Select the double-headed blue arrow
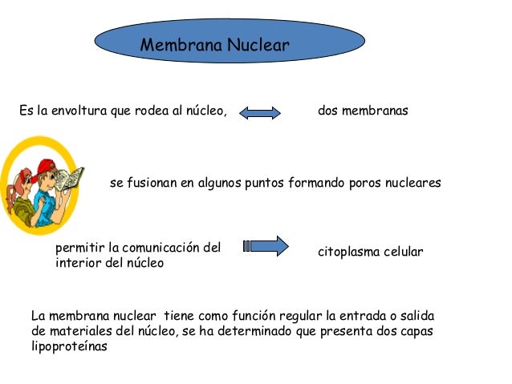click(x=260, y=112)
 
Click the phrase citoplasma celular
click(x=370, y=253)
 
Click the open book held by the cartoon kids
click(x=72, y=179)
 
